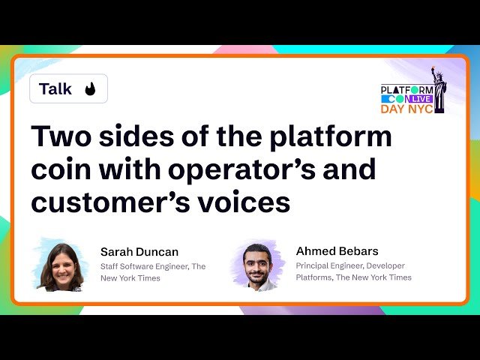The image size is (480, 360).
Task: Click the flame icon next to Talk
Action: tap(90, 89)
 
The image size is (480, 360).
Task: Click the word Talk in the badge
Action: tap(55, 89)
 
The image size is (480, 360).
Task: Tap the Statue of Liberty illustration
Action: tap(437, 89)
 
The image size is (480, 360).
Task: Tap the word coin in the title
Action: tap(63, 170)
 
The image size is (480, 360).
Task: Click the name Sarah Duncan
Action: tap(139, 252)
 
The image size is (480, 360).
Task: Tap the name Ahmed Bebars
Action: tap(337, 251)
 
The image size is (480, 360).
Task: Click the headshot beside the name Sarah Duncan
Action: tap(61, 267)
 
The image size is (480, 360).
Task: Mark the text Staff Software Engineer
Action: tap(144, 266)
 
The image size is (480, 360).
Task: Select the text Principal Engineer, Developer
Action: tap(350, 265)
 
